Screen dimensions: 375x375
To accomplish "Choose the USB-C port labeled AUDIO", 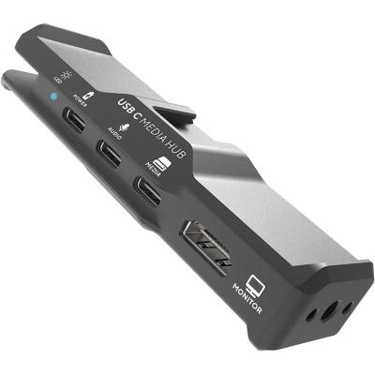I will click(109, 152).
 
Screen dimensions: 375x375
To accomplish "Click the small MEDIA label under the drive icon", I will click(149, 168).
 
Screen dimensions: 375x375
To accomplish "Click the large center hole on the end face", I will click(327, 314).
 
